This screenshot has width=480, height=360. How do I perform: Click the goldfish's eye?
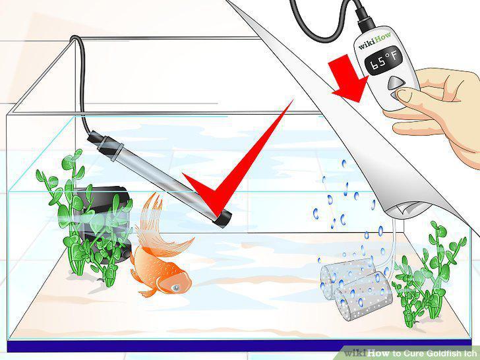point(176,287)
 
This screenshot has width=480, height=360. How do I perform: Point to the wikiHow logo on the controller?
point(375,41)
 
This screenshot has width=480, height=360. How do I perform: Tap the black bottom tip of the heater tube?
point(223,218)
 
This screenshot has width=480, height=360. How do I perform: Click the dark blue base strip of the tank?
point(239,346)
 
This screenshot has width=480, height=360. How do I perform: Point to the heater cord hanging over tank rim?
point(80,82)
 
